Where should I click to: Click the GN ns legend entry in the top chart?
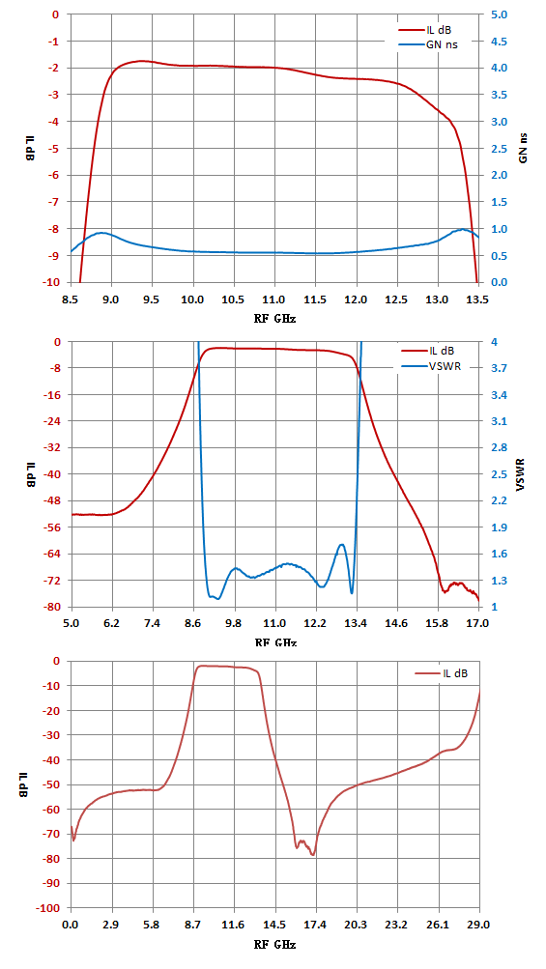(x=428, y=44)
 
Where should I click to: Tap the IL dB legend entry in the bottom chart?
(x=441, y=673)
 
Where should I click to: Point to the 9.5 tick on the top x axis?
(x=152, y=299)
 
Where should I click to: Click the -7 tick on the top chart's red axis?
(x=57, y=202)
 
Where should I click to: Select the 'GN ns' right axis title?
(x=524, y=149)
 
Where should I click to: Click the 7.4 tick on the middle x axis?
(x=153, y=623)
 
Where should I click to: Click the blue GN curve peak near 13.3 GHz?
(x=462, y=229)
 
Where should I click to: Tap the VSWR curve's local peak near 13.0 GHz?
(x=341, y=545)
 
